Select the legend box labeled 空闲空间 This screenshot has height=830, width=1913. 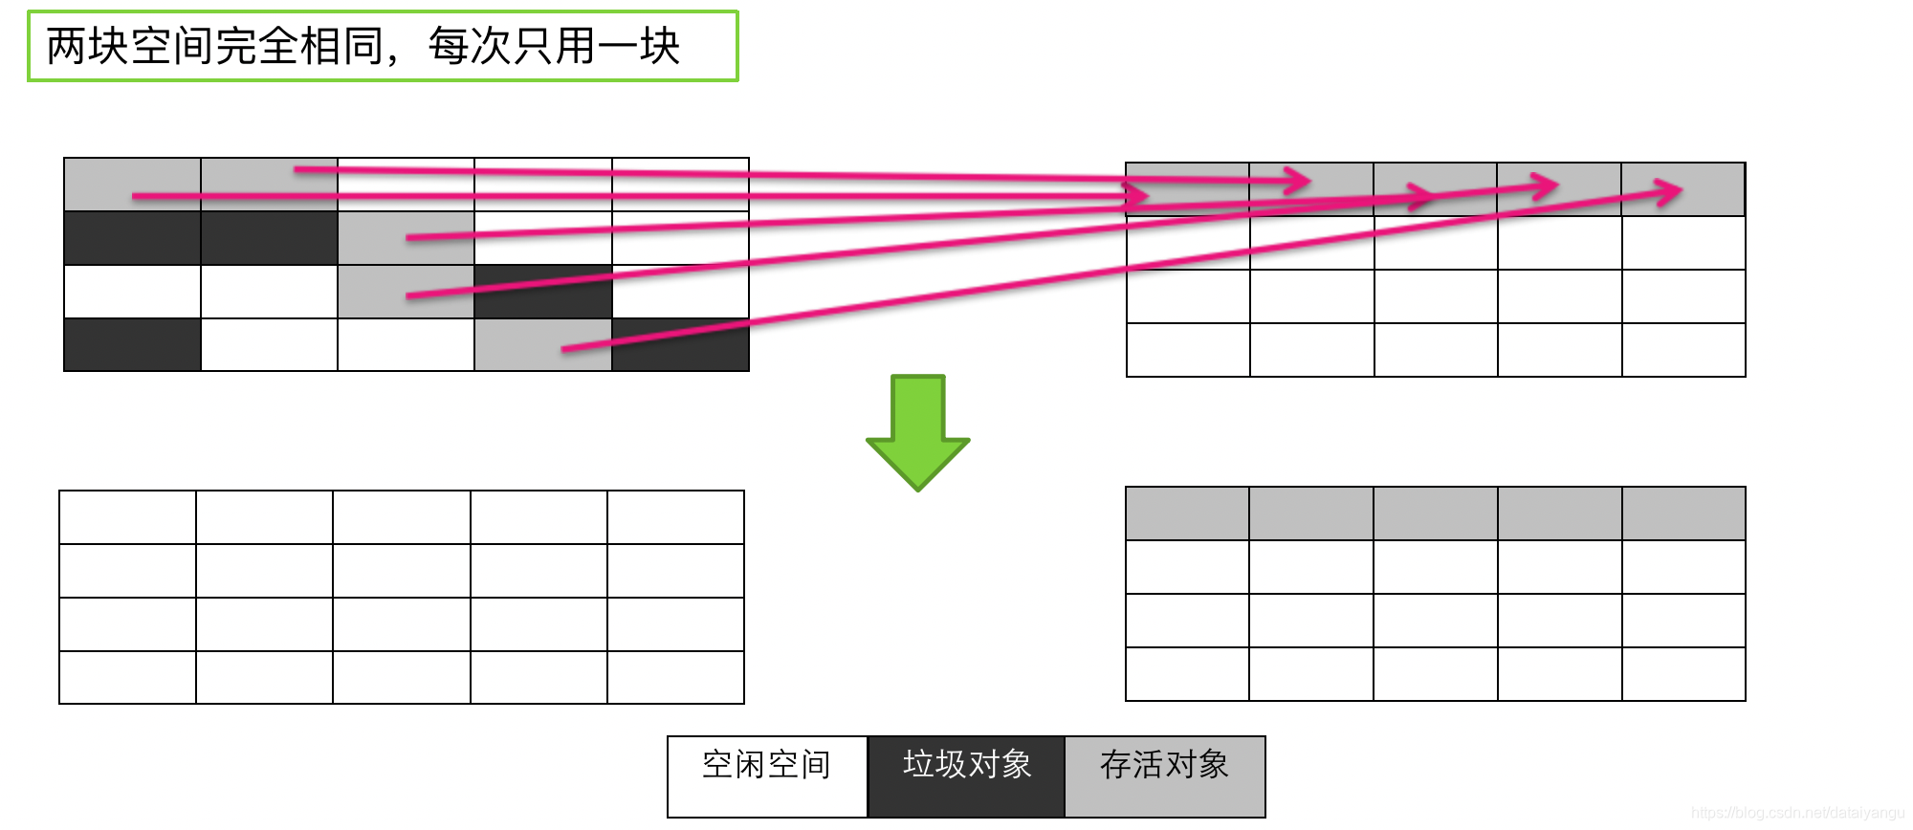pos(767,775)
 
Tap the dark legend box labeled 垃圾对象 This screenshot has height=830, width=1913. pos(966,775)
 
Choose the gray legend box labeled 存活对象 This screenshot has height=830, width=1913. pos(1165,775)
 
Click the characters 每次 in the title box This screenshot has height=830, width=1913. pos(469,46)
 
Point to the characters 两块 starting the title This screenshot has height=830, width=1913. pos(88,46)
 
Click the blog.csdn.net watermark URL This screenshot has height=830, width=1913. pos(1797,813)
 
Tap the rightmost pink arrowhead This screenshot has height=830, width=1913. pos(1670,192)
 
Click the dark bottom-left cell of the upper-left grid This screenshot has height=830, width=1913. pos(132,345)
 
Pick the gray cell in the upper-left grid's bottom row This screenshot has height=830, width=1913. pos(542,345)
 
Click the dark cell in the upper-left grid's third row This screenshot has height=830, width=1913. pos(542,292)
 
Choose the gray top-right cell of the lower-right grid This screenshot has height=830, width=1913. pos(1683,513)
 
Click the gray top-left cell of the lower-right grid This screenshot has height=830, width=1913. pos(1187,513)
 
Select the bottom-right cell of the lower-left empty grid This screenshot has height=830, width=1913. pos(675,677)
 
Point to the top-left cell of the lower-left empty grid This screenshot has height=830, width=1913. pos(127,517)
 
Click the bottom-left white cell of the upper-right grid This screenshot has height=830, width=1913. pos(1188,350)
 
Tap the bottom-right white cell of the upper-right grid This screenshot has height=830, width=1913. pos(1683,350)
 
